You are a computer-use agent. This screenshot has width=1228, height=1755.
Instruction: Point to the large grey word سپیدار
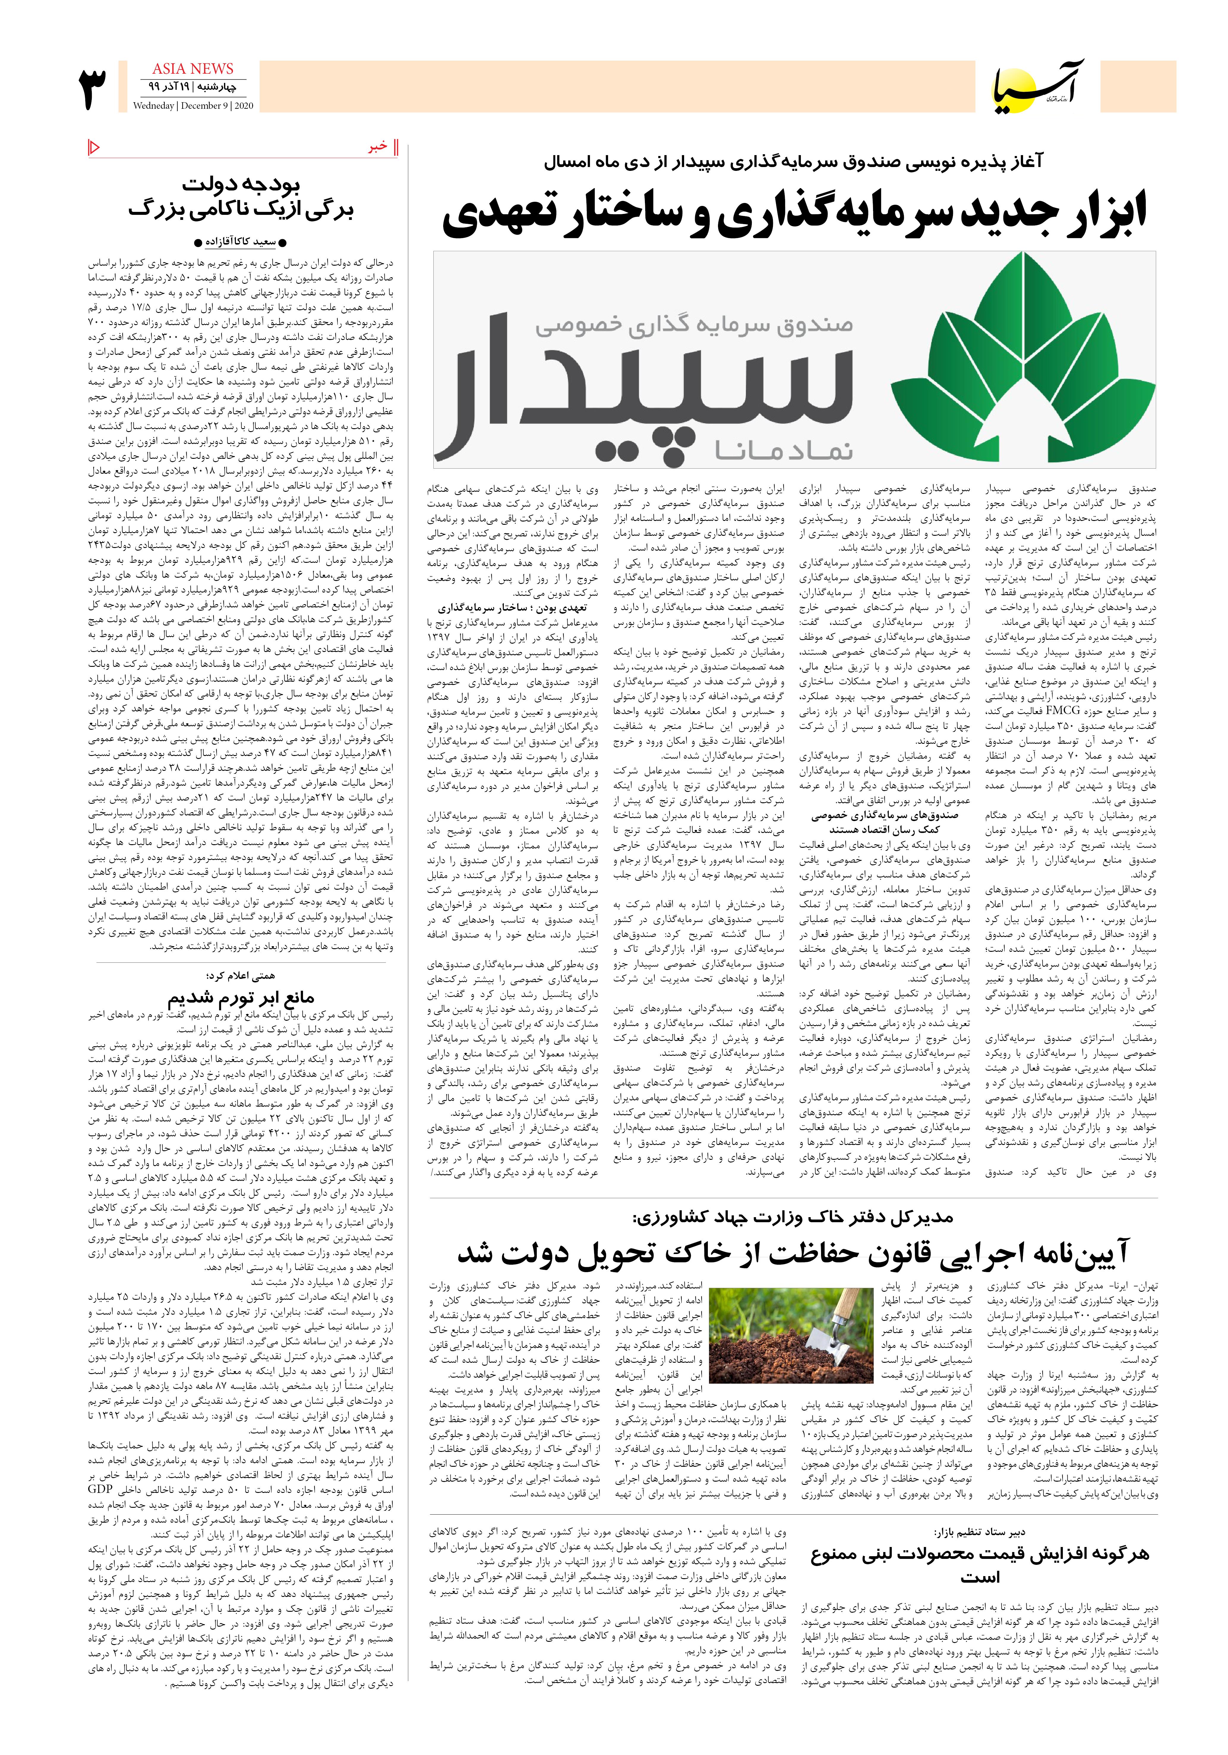[x=653, y=386]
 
